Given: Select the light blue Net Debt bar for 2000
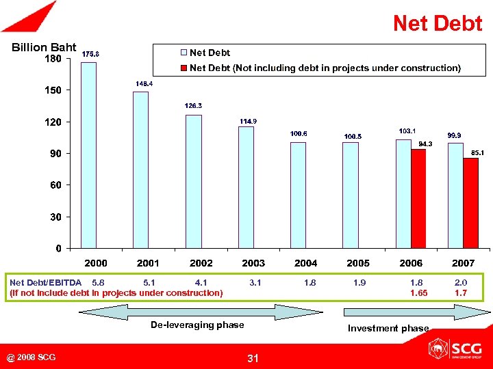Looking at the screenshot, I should coord(88,154).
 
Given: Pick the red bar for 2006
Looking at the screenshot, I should coord(418,198).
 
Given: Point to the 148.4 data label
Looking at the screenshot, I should coord(144,83).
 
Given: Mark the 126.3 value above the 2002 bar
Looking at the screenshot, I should coord(194,106).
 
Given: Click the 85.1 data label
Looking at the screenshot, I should coord(477,153).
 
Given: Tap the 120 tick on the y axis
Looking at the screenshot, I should coord(53,122).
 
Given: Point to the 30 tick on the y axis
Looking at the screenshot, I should coord(55,217).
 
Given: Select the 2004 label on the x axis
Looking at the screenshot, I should coord(305,263).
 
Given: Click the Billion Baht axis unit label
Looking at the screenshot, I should coord(44,47).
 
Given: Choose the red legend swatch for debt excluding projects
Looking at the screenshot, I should coord(184,68).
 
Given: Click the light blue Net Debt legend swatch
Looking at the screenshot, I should coord(184,53).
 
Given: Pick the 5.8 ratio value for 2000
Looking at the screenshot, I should coord(98,282).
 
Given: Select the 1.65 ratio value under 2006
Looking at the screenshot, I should coord(418,292).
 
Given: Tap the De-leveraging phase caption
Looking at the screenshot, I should coord(197,325).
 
